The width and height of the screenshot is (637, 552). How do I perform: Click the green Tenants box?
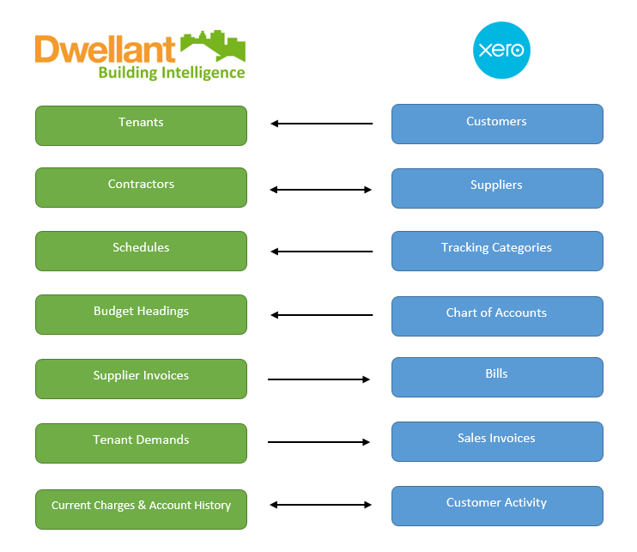point(141,125)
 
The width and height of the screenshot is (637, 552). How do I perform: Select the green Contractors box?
point(141,187)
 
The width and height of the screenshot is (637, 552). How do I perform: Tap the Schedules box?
point(141,251)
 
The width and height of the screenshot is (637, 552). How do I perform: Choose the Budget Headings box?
point(141,314)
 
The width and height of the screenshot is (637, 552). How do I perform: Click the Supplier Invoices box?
point(141,379)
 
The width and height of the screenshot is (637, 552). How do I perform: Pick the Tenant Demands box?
point(141,443)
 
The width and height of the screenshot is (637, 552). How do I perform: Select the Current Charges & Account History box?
point(141,509)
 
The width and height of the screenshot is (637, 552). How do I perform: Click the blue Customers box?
point(497,124)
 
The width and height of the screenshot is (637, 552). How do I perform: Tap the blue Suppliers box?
point(497,188)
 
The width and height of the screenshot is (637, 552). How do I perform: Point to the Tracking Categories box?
point(497,251)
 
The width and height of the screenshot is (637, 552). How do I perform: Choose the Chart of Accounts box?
point(497,316)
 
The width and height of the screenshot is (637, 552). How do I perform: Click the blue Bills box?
point(497,377)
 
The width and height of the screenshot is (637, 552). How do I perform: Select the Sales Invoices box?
point(497,441)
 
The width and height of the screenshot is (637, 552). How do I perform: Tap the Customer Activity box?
point(497,506)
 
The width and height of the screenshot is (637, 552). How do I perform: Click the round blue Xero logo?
point(502,50)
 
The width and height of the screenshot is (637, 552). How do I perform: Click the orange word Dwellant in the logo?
point(105,50)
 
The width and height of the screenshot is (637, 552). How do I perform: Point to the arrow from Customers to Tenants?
point(321,124)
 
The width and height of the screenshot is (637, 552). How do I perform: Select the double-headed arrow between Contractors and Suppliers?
point(321,190)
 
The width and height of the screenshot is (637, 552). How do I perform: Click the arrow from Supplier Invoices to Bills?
point(318,379)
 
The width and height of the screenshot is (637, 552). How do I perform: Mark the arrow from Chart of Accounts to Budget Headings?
point(321,315)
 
